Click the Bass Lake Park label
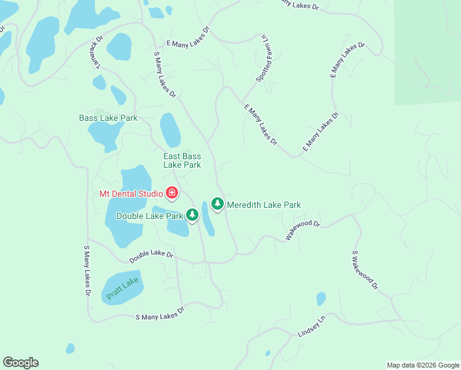pos(108,118)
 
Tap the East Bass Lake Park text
pos(182,161)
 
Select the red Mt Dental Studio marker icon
pos(172,193)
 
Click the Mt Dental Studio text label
pos(131,193)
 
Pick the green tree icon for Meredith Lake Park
pos(217,203)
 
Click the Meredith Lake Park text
pos(263,205)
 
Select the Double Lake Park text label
pos(150,216)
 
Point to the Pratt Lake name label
pos(122,289)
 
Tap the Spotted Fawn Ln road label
pos(263,59)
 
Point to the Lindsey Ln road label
pos(311,327)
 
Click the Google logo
pos(20,363)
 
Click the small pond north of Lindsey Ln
pos(320,299)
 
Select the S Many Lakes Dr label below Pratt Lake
pos(160,313)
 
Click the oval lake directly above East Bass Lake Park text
pos(170,129)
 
